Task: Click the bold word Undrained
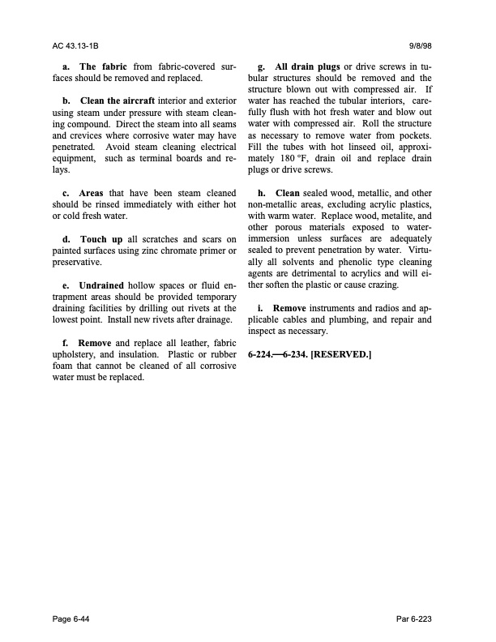click(104, 286)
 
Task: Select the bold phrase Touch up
click(102, 240)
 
